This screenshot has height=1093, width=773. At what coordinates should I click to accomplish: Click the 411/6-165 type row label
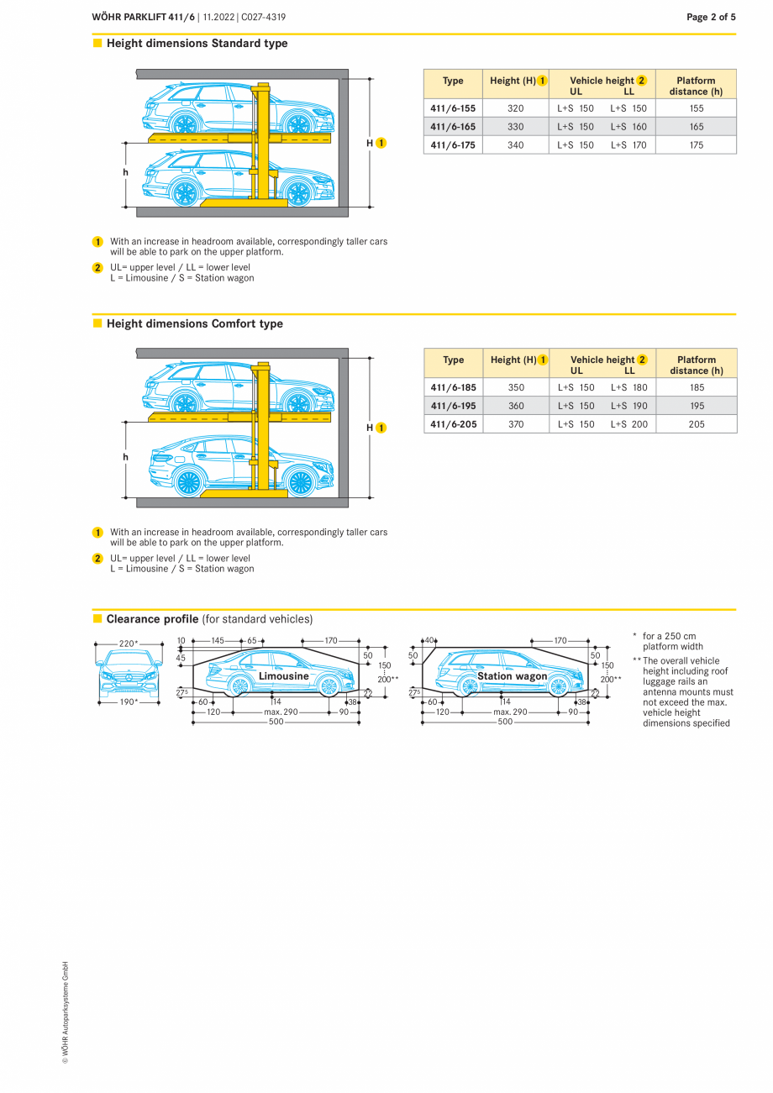(x=453, y=127)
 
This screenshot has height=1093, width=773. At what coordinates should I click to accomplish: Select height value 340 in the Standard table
(x=515, y=145)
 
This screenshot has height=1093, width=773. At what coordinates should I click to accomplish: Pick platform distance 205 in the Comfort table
(x=697, y=424)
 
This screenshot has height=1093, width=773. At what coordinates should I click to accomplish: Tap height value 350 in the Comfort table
(x=516, y=387)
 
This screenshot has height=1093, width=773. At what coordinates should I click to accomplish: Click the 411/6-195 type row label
(x=453, y=406)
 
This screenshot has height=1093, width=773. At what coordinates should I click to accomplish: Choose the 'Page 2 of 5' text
(x=711, y=17)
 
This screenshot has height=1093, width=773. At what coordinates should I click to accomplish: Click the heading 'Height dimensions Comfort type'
(x=194, y=323)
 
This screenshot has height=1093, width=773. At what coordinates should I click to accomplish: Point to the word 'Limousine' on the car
(x=283, y=675)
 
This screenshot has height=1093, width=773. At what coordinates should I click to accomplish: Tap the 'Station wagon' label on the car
(x=512, y=675)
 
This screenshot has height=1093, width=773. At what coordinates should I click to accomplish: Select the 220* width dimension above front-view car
(x=128, y=644)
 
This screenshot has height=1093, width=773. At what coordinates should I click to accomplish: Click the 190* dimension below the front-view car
(x=128, y=702)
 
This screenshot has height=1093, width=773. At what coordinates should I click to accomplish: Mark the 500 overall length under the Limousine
(x=276, y=722)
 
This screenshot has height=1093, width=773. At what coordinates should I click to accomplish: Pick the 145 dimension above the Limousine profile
(x=218, y=640)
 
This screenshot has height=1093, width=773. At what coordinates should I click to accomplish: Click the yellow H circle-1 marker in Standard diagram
(x=381, y=144)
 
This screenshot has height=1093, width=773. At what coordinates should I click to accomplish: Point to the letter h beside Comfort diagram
(x=125, y=457)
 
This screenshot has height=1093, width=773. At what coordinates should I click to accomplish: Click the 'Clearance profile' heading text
(x=152, y=619)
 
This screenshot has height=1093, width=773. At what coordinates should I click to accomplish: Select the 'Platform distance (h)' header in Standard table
(x=696, y=86)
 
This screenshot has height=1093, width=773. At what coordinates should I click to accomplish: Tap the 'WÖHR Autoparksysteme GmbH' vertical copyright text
(x=65, y=1012)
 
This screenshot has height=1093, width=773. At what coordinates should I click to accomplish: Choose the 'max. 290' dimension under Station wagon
(x=510, y=712)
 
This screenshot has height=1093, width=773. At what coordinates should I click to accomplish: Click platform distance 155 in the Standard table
(x=696, y=108)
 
